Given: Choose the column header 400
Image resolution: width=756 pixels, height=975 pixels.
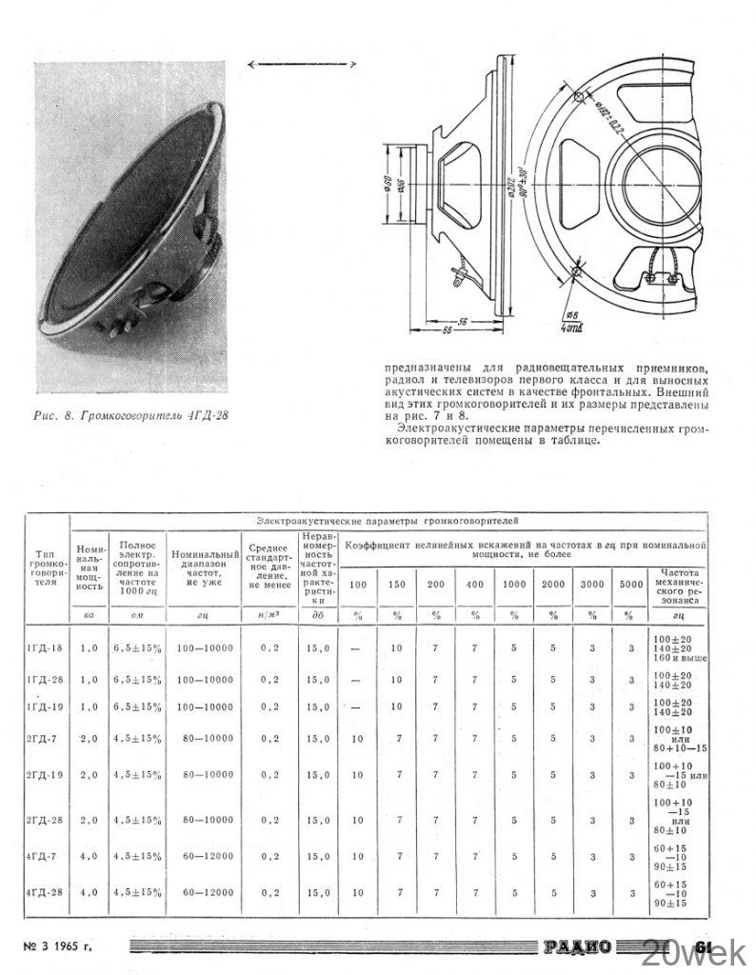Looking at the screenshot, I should point(474,584).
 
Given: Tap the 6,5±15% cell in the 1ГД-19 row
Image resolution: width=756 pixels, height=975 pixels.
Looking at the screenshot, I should point(138,706).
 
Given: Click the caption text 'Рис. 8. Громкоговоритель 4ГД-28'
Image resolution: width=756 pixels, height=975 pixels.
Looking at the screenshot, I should point(130,416).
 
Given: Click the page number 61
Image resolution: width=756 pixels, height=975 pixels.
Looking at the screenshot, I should point(705,946).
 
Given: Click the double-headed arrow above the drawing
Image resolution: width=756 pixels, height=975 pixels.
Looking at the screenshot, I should point(301,63).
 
